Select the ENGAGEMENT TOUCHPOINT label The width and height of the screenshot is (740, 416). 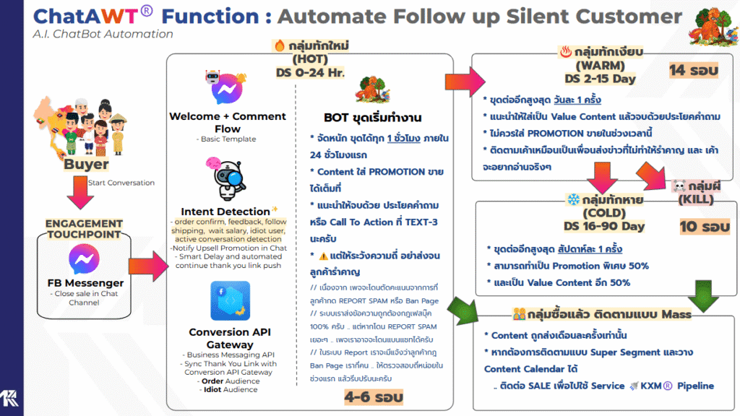(x=85, y=229)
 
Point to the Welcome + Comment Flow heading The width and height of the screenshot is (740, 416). (x=227, y=121)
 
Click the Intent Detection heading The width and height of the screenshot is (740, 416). (x=225, y=212)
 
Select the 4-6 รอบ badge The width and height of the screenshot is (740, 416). (x=373, y=396)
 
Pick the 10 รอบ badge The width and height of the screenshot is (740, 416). (x=705, y=227)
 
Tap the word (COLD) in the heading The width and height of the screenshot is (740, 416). (x=603, y=213)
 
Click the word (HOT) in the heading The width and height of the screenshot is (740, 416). (x=311, y=59)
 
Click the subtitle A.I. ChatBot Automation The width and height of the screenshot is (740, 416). (x=103, y=34)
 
